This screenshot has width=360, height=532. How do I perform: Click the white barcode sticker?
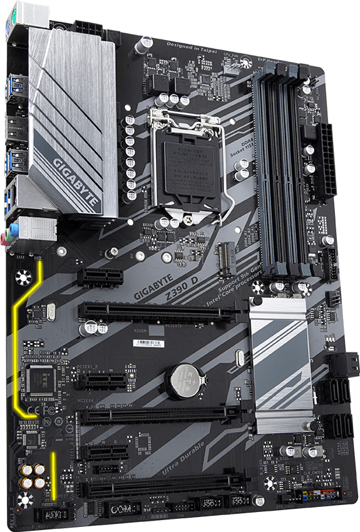pyautogui.click(x=151, y=343)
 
